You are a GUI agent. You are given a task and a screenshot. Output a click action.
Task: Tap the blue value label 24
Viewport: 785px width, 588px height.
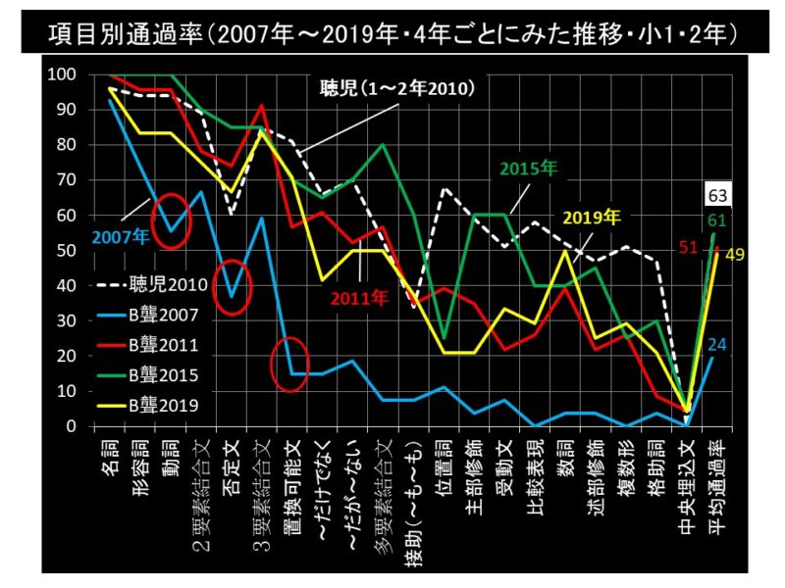(x=716, y=345)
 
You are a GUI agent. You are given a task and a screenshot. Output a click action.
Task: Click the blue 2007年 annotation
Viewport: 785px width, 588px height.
(x=119, y=235)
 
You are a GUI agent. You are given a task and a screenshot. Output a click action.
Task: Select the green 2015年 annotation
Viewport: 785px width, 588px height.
(x=531, y=169)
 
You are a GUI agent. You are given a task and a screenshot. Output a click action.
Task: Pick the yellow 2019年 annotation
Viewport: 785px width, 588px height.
(x=590, y=216)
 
